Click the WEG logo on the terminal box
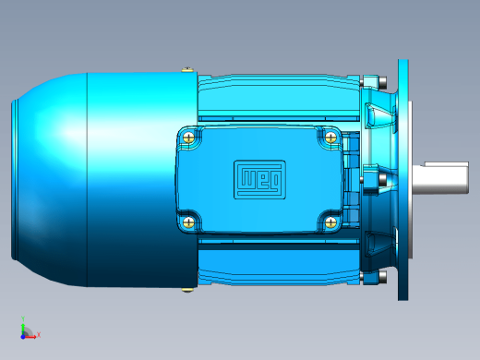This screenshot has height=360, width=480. [x=259, y=179]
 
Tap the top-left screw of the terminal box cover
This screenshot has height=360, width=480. [x=188, y=137]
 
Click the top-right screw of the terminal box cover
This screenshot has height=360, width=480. [x=330, y=137]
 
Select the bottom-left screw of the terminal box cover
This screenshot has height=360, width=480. [x=188, y=222]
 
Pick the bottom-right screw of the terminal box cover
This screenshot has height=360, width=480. [x=330, y=222]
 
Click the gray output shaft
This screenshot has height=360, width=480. [x=440, y=178]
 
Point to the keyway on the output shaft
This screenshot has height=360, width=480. [x=446, y=164]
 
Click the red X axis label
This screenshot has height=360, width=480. [x=39, y=334]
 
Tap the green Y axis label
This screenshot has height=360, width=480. [x=23, y=318]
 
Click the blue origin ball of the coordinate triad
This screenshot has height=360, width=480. [x=23, y=337]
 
